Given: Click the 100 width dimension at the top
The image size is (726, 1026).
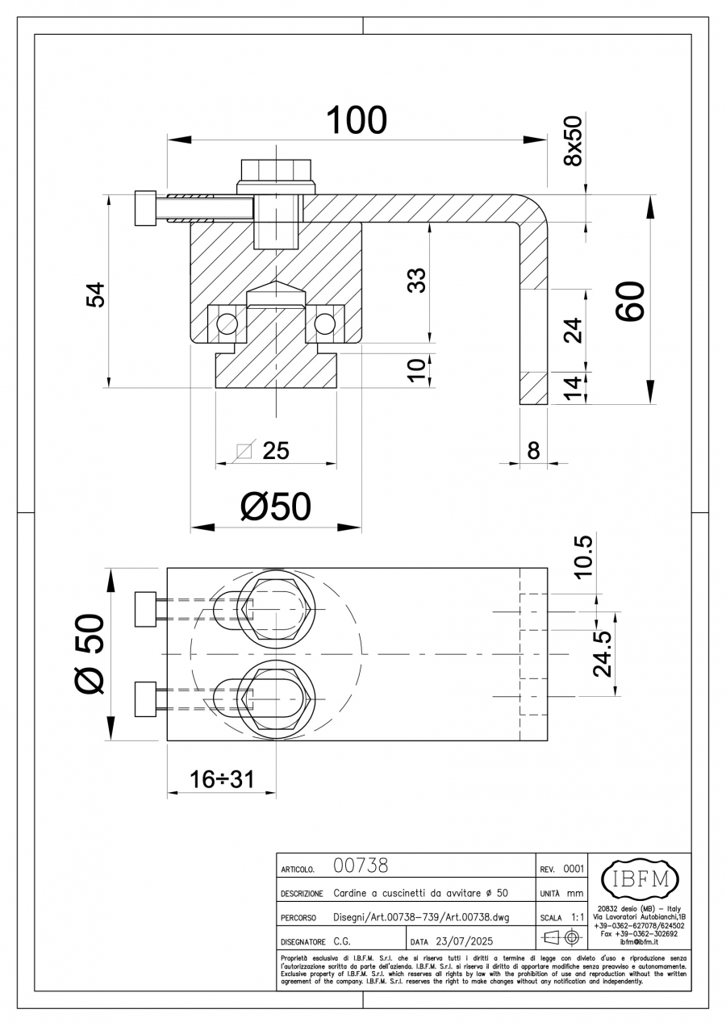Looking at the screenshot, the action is [357, 120].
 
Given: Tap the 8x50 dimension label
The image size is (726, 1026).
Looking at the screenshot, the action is [573, 140].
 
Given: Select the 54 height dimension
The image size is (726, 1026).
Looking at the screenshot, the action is [95, 295].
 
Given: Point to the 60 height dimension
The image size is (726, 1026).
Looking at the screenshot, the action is [630, 301].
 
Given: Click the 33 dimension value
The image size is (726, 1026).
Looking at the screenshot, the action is [417, 281].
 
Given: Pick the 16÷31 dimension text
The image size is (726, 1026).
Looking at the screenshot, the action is [222, 778].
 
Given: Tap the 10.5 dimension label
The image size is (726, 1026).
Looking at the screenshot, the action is [584, 557].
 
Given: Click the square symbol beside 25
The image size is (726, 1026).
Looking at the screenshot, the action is [244, 451].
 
